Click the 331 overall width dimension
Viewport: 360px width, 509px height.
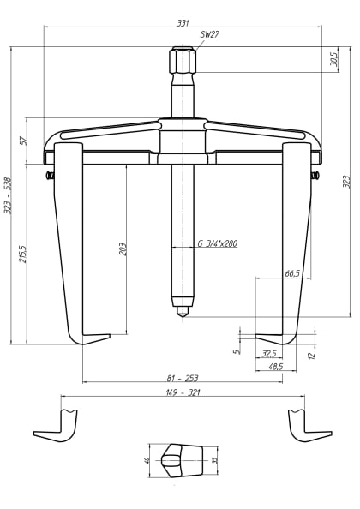point(183,22)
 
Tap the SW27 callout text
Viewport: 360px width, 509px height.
point(209,35)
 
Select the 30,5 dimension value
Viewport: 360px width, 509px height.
point(333,59)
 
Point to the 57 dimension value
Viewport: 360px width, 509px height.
point(24,139)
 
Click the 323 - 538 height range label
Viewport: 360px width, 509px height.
point(8,195)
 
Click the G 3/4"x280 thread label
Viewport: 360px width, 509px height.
point(217,243)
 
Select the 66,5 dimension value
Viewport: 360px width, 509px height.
point(291,273)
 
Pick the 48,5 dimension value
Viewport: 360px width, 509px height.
point(275,366)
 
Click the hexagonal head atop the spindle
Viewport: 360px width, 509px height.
point(183,62)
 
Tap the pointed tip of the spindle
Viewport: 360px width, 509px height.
point(183,314)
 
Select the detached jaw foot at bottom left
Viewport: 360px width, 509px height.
point(57,425)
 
